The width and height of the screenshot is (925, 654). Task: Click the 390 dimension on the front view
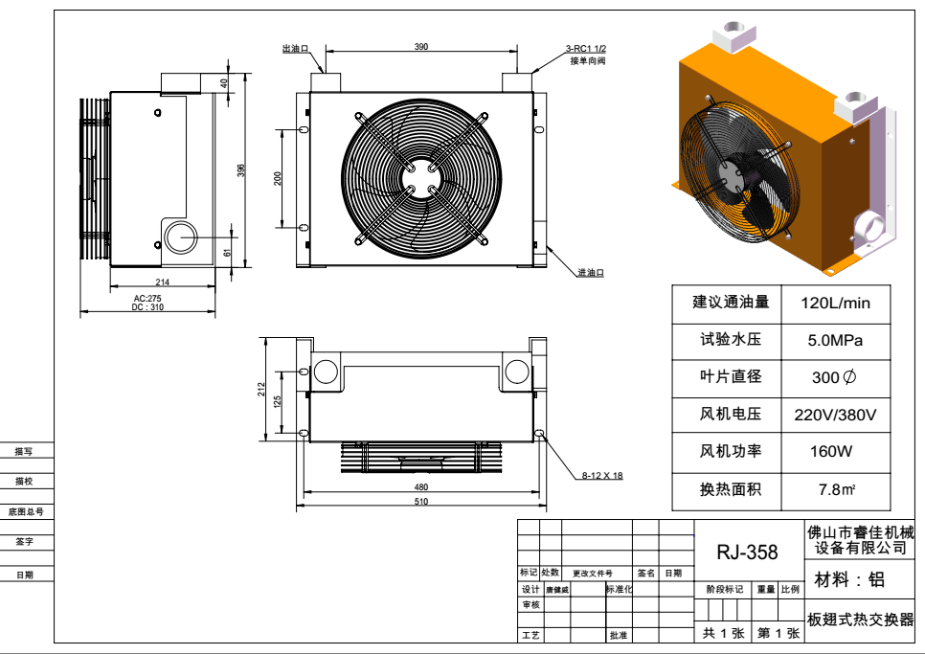click(421, 47)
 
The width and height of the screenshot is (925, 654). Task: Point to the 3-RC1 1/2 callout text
click(585, 49)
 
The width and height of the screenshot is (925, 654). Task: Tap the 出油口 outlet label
click(294, 48)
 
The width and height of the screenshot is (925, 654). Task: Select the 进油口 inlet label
click(590, 273)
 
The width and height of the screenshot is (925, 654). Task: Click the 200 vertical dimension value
click(278, 178)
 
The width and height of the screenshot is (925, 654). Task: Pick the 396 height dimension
click(241, 169)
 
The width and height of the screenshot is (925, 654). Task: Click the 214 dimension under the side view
click(162, 282)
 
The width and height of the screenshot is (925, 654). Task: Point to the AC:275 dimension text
click(147, 298)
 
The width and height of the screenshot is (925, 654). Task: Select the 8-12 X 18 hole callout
click(602, 475)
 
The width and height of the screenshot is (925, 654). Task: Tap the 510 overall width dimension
click(421, 501)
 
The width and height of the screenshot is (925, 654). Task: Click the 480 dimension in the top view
click(421, 487)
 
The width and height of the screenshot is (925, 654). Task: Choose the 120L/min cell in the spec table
click(835, 303)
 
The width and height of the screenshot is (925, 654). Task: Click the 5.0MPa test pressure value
click(835, 340)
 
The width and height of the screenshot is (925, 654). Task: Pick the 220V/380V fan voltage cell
click(835, 415)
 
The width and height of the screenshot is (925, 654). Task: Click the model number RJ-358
click(747, 553)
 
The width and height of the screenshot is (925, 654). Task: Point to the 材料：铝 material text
click(848, 580)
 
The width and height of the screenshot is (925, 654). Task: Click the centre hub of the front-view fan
click(418, 178)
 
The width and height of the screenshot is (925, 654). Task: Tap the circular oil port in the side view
click(179, 236)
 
